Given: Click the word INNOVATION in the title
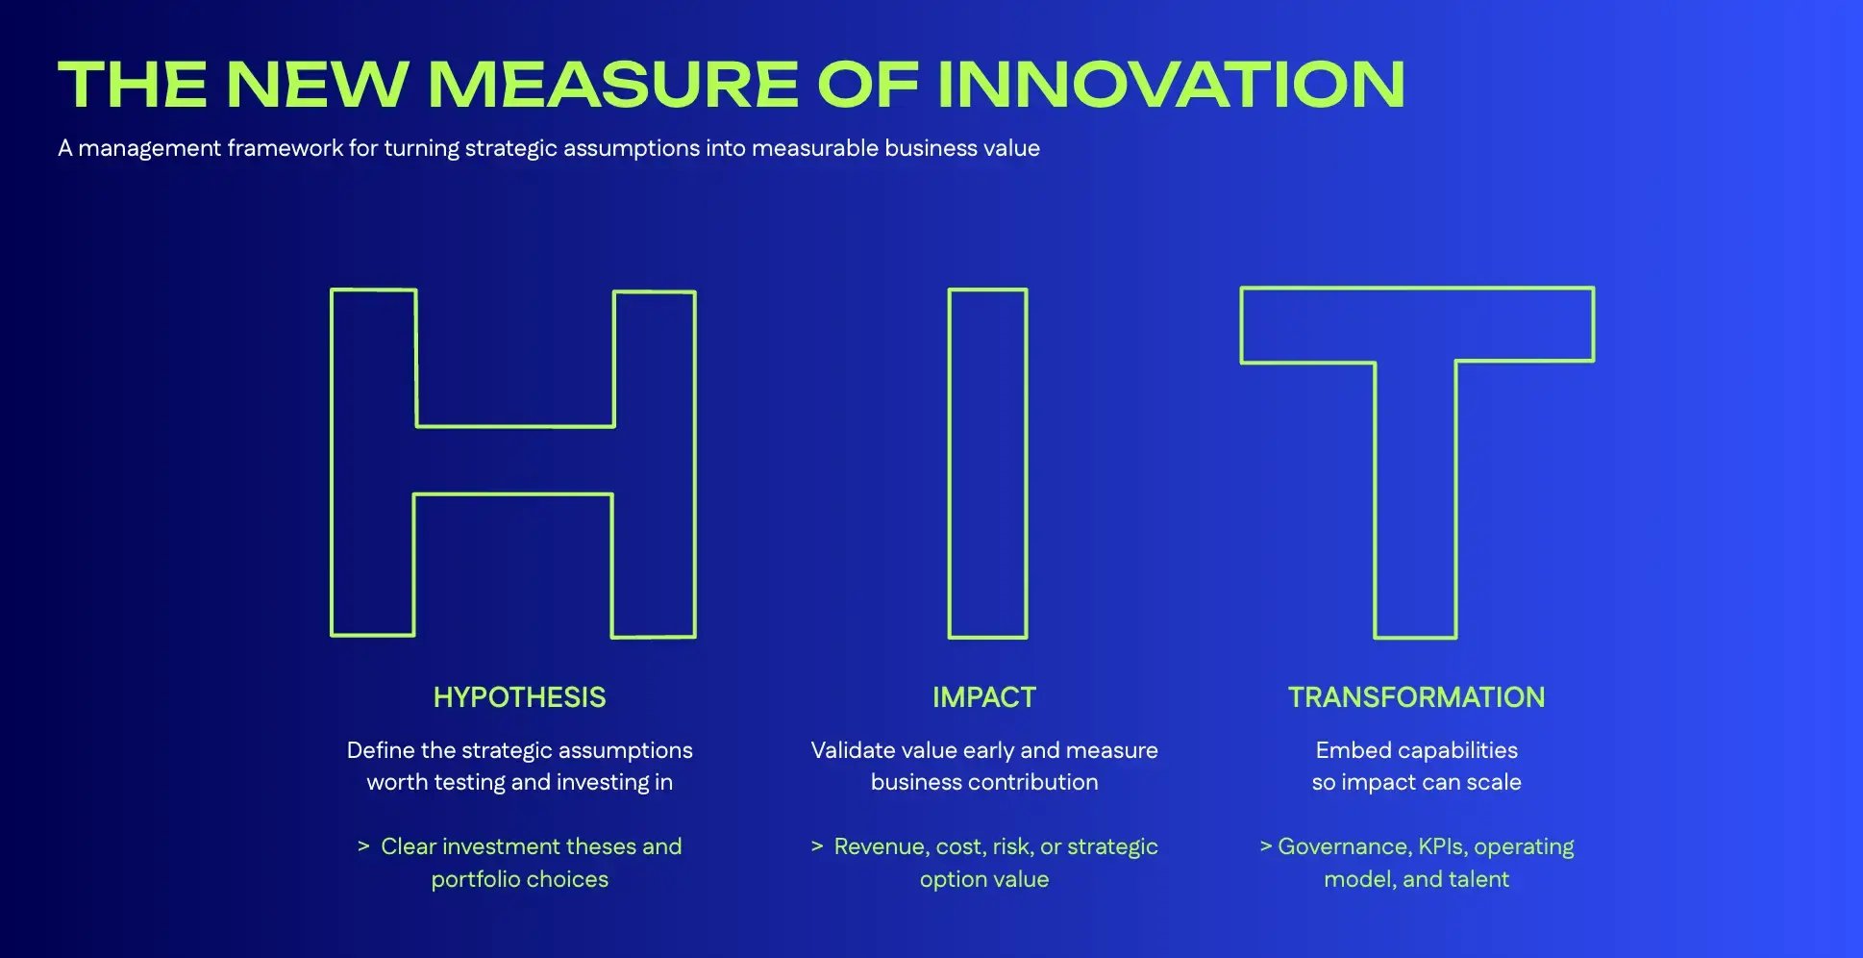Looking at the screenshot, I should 1171,85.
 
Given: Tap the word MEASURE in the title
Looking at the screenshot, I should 612,85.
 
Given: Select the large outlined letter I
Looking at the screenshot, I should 987,463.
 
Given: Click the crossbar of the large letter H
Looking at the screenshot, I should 514,461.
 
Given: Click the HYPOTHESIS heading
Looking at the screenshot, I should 519,697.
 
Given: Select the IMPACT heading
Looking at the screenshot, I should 984,697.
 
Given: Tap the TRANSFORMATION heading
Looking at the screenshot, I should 1416,697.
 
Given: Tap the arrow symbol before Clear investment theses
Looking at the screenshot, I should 363,846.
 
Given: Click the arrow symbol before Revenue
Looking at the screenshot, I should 817,846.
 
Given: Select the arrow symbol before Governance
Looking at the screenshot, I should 1266,846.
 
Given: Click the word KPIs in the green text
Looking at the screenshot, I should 1441,846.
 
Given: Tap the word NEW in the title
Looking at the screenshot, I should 317,85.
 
